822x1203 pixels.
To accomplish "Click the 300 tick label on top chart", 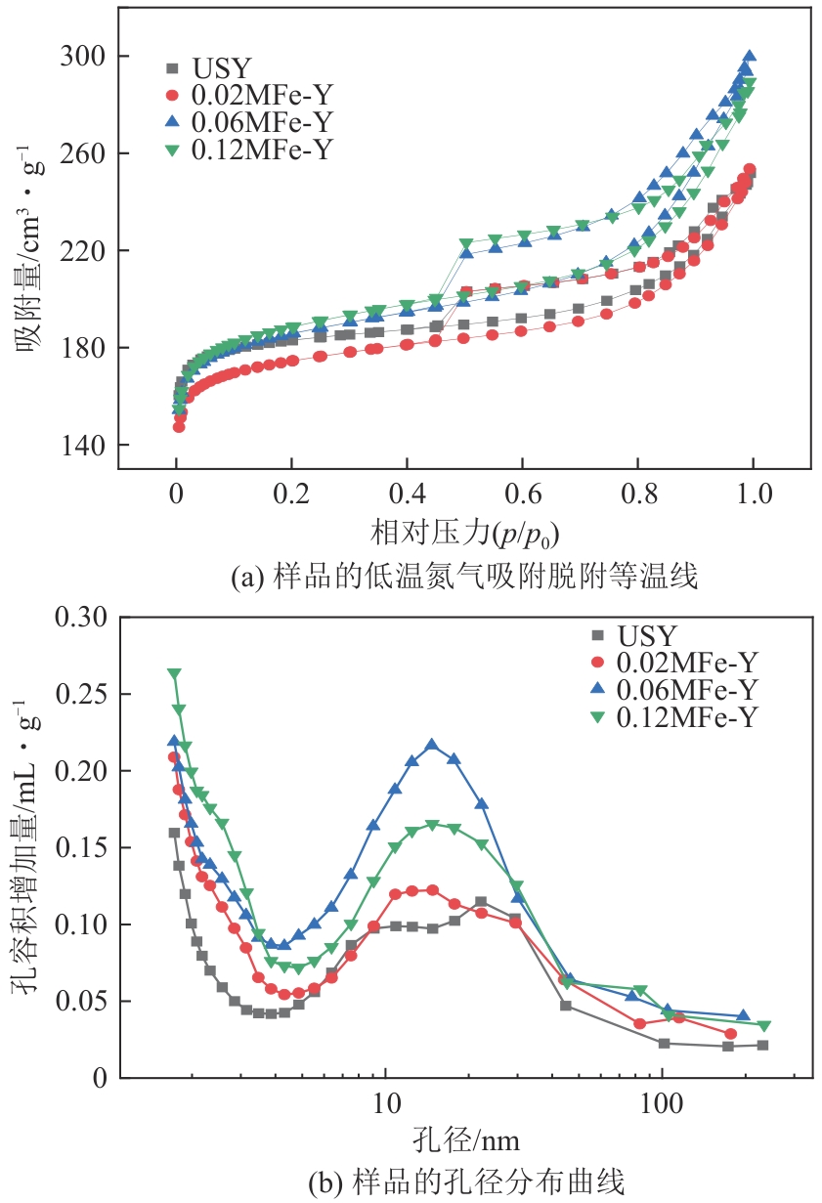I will click(85, 57).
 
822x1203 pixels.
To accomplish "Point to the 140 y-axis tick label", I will click(85, 446).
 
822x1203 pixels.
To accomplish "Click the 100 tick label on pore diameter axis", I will click(662, 1105).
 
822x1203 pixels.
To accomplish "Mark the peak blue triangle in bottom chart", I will click(431, 745).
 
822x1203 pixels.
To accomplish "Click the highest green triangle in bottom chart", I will click(174, 674).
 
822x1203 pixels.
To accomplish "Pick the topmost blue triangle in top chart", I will click(750, 57).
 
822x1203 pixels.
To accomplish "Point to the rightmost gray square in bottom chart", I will click(762, 1045).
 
